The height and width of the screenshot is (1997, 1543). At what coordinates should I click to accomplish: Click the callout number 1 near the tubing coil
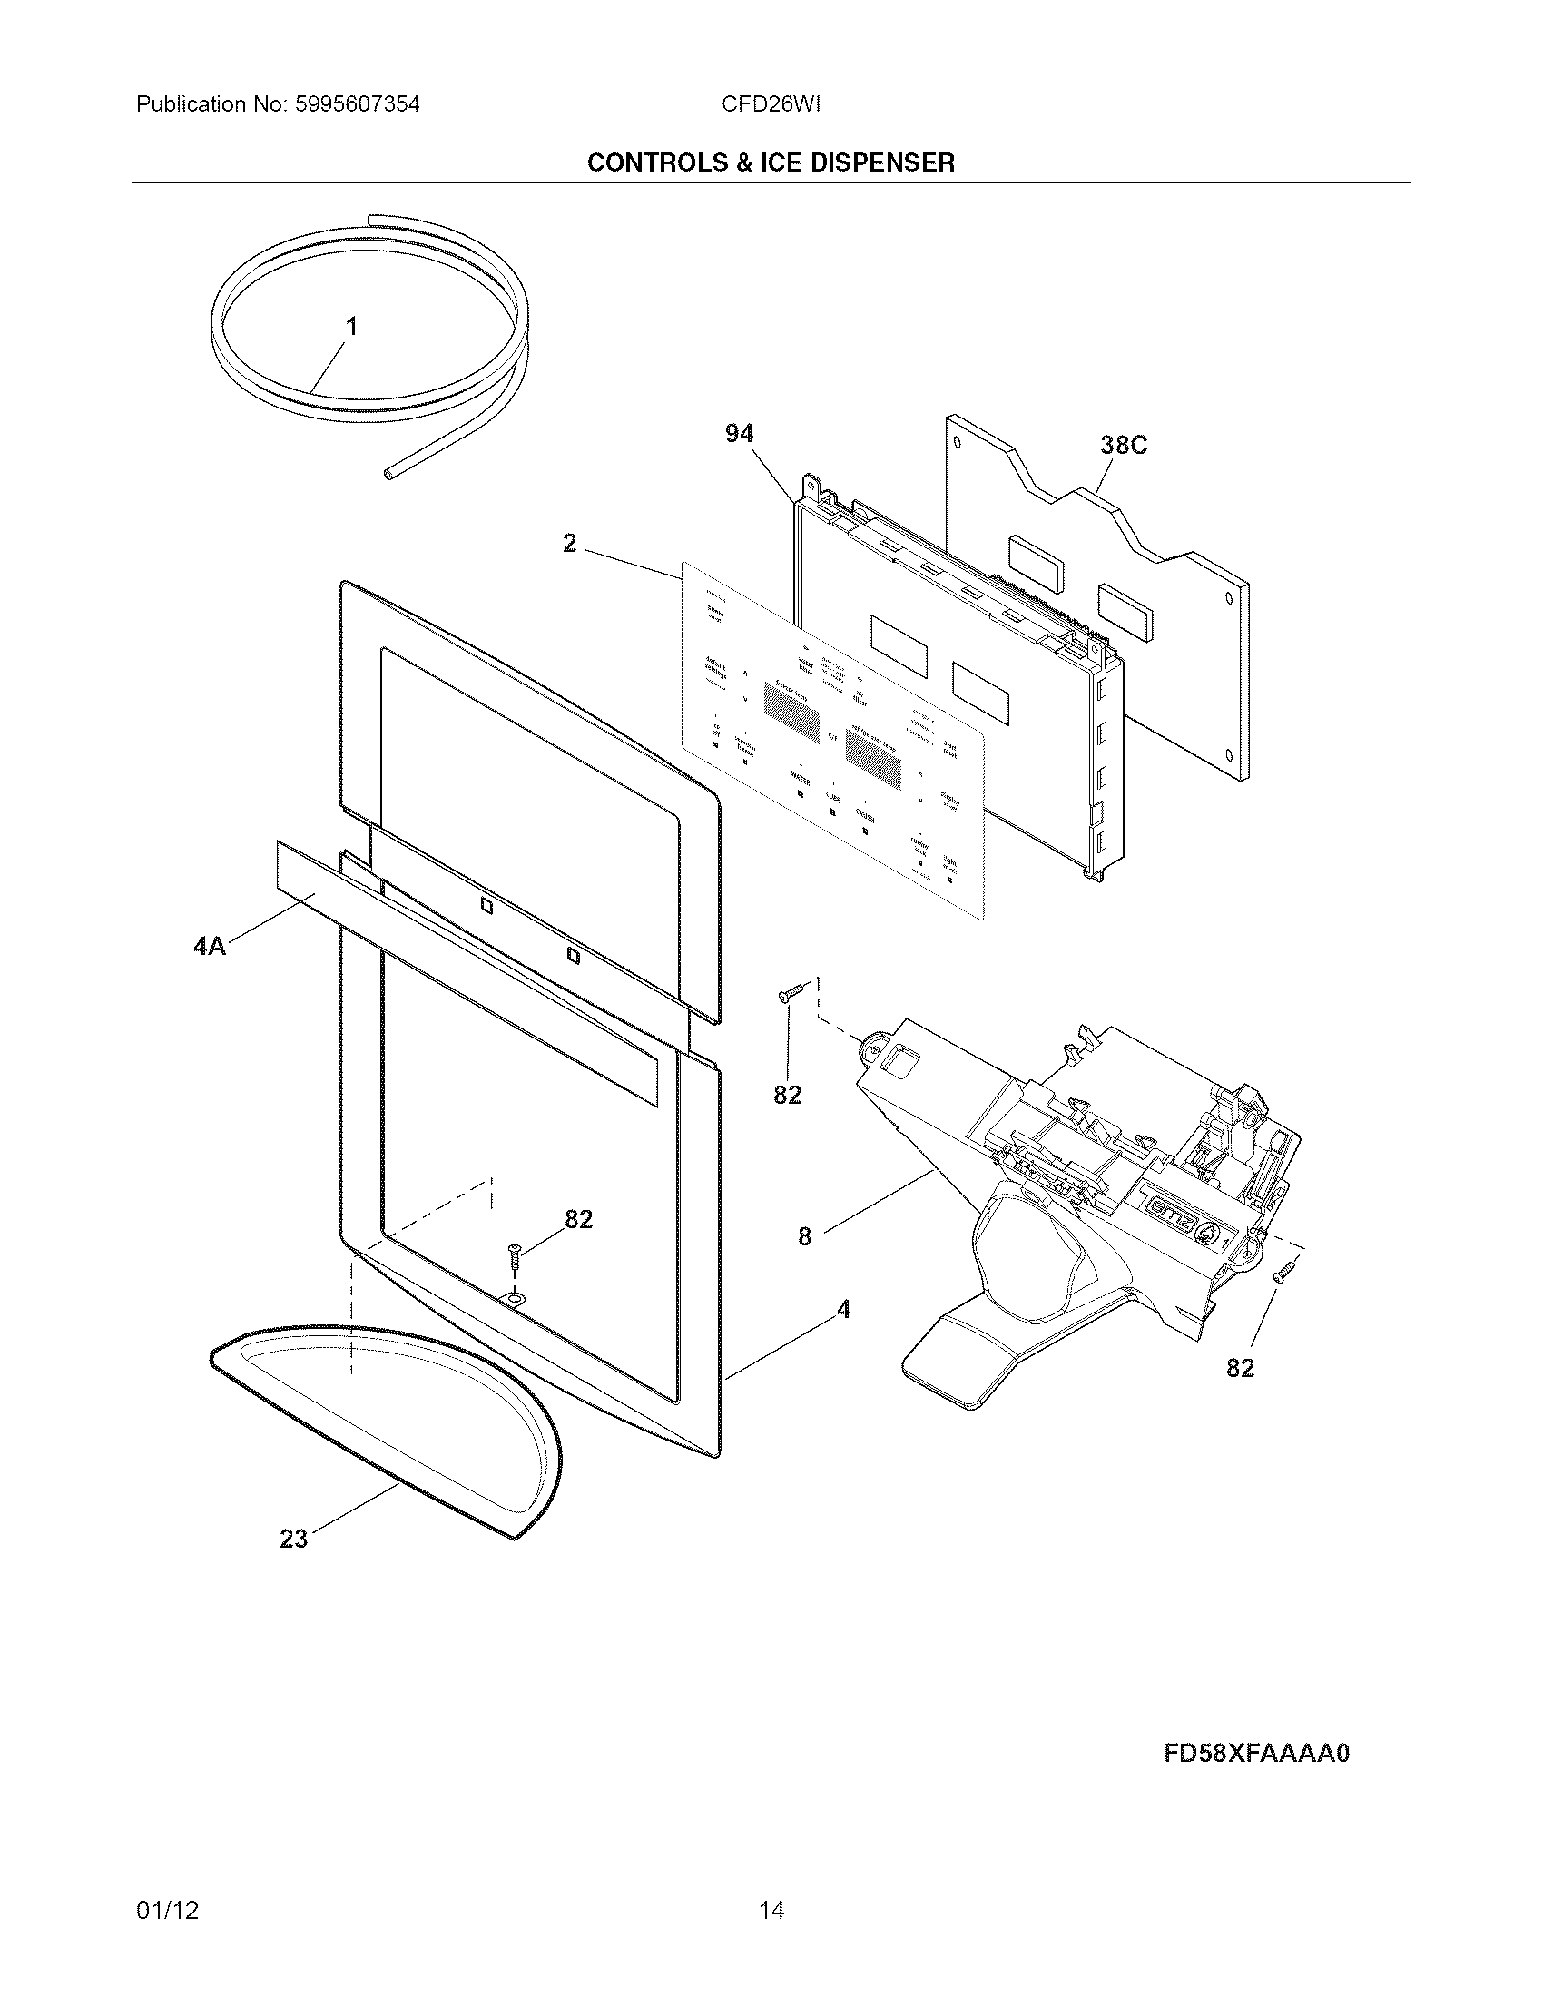[351, 327]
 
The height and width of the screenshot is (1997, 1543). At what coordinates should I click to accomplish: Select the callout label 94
[739, 433]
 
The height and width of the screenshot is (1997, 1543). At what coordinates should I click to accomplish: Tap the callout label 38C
[1123, 446]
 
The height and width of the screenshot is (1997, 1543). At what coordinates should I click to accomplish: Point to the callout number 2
[569, 544]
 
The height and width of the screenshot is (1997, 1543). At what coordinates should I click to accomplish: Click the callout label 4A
[210, 946]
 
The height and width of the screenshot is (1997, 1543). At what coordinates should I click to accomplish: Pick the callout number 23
[293, 1540]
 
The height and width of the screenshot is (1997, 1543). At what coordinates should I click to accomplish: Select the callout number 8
[803, 1237]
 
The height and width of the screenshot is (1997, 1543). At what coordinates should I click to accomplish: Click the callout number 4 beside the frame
[843, 1310]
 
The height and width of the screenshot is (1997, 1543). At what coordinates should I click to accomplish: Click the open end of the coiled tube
[388, 473]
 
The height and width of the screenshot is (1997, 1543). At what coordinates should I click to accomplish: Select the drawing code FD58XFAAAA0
[1256, 1754]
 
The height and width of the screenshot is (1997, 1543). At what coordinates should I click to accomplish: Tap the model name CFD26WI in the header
[771, 104]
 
